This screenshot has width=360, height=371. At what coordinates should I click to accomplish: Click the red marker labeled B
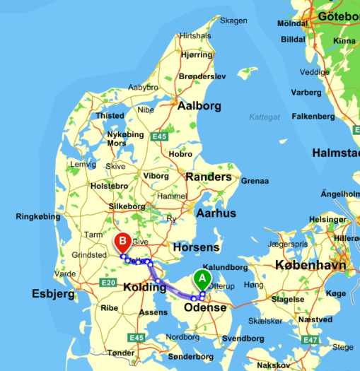click(122, 242)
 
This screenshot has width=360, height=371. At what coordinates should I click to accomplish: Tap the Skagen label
click(233, 20)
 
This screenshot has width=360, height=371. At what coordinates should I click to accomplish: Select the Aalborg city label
click(199, 106)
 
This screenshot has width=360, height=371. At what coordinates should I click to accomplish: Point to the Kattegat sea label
click(265, 117)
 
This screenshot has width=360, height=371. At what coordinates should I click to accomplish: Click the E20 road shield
click(108, 283)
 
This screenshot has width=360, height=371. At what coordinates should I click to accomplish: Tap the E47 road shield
click(310, 340)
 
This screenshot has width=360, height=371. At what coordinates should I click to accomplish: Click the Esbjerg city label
click(53, 293)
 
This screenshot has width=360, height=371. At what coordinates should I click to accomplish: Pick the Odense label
click(205, 307)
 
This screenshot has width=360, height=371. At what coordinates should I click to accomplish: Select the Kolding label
click(144, 288)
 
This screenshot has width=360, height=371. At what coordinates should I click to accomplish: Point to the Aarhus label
click(216, 213)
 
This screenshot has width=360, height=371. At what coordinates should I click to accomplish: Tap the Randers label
click(208, 177)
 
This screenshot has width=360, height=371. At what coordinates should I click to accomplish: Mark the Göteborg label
click(339, 16)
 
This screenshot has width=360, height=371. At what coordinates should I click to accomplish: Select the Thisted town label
click(110, 115)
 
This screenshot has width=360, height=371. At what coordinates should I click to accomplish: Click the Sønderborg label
click(190, 356)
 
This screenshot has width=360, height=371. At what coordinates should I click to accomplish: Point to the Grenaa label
click(255, 181)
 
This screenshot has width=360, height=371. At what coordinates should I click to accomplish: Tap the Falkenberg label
click(313, 116)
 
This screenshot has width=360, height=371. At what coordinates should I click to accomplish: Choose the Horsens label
click(195, 247)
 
